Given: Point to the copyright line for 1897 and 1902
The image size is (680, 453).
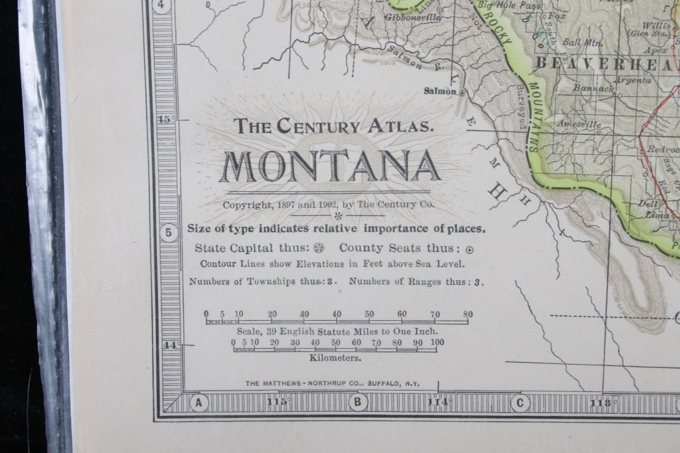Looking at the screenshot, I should pyautogui.click(x=329, y=205).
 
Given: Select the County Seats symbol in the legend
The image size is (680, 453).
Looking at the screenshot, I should pyautogui.click(x=470, y=250).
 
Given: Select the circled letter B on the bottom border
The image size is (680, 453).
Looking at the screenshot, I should pyautogui.click(x=358, y=402).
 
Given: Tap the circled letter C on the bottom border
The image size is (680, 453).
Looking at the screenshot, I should pyautogui.click(x=519, y=402).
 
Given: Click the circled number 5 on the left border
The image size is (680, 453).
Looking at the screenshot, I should pyautogui.click(x=168, y=233).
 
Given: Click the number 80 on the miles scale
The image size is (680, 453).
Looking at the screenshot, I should pyautogui.click(x=467, y=314).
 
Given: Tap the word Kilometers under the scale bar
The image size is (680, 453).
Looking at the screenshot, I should pyautogui.click(x=335, y=357).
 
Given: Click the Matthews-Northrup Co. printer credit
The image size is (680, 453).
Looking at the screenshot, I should pyautogui.click(x=338, y=383).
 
